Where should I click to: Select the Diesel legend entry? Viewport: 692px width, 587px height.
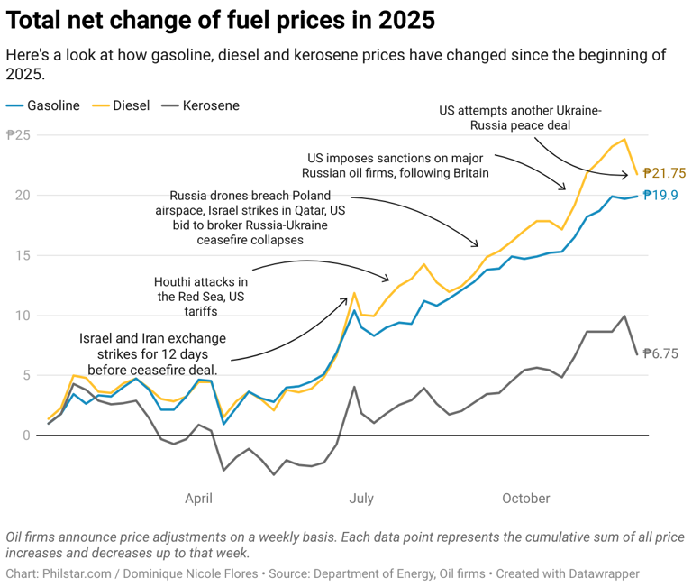pos(131,105)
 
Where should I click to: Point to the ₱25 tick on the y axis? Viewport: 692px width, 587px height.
pos(19,135)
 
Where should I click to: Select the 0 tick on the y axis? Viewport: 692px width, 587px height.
pos(27,436)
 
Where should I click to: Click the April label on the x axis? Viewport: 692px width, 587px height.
pos(199,498)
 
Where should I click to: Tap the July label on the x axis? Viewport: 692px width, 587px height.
pos(361,498)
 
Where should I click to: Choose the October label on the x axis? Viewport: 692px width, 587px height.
pos(525,498)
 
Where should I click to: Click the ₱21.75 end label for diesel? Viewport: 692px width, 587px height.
pos(664,173)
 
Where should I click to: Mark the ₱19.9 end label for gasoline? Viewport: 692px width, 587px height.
pos(660,196)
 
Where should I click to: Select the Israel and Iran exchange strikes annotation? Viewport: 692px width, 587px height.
pos(153,353)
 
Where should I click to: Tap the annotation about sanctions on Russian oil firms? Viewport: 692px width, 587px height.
pos(397,164)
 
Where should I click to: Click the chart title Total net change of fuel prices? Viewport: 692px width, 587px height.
pos(221,19)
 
